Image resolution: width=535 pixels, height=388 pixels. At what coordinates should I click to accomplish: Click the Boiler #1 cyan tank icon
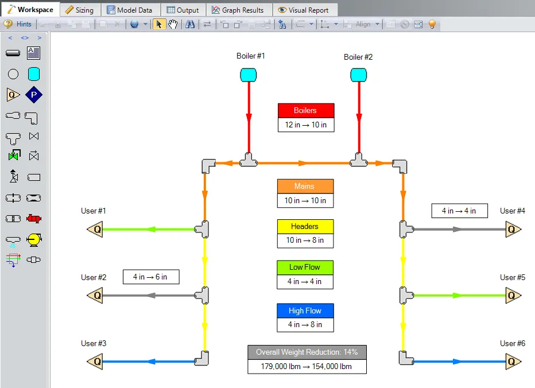(248, 75)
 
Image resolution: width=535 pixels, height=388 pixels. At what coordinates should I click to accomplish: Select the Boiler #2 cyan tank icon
(358, 75)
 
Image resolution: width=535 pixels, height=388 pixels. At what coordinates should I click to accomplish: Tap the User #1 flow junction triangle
(95, 230)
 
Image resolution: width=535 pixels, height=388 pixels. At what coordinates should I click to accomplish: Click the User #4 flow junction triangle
(513, 230)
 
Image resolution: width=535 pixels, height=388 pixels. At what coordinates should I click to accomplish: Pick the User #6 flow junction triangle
(513, 362)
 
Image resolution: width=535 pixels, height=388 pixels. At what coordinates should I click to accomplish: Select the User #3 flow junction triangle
(95, 362)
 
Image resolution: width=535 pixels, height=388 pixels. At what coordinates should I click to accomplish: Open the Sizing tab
(79, 10)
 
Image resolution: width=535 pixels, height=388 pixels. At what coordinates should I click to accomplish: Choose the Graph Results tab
(238, 10)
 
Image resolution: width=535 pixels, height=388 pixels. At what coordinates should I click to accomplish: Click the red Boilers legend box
(305, 110)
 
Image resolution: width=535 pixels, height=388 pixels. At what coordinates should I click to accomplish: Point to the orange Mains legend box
(305, 186)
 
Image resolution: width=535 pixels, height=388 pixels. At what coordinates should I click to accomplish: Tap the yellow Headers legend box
(305, 226)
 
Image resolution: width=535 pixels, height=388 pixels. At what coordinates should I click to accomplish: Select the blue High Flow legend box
(305, 311)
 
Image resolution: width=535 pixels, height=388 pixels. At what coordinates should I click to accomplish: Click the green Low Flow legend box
(305, 267)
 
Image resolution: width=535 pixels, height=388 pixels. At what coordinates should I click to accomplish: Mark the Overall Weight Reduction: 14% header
(307, 352)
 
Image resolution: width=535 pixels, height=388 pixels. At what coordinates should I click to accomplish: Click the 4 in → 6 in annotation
(150, 277)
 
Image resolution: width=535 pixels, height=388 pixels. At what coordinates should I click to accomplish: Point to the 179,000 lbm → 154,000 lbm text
(307, 366)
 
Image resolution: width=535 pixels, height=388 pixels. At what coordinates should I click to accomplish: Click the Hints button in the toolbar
(18, 24)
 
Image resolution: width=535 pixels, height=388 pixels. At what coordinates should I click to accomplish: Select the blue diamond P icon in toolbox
(34, 95)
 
